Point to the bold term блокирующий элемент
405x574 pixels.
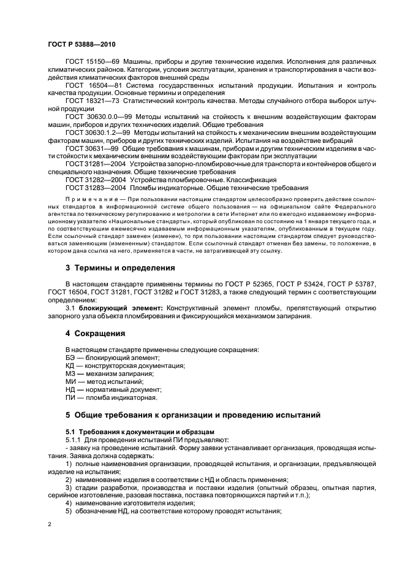[110, 309]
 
